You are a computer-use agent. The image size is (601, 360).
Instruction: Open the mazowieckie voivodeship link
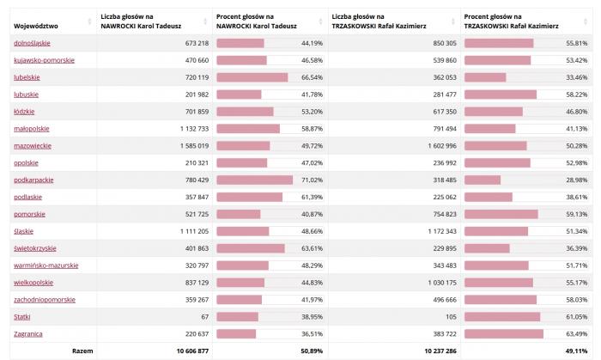tap(33, 146)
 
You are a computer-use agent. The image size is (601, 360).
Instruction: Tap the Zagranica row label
tap(28, 333)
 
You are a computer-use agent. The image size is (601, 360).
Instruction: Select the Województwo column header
tap(35, 21)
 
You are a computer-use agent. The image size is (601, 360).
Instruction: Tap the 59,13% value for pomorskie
tap(575, 214)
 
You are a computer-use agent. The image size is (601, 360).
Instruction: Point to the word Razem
tap(82, 351)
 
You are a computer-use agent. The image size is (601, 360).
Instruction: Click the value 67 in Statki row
tap(203, 316)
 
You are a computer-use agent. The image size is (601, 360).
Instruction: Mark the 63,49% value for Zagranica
tap(575, 333)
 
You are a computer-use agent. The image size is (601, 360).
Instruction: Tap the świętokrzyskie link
tap(35, 248)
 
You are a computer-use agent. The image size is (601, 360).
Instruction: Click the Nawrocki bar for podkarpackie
tap(255, 180)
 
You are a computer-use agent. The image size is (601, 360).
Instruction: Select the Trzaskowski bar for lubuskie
tap(500, 95)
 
